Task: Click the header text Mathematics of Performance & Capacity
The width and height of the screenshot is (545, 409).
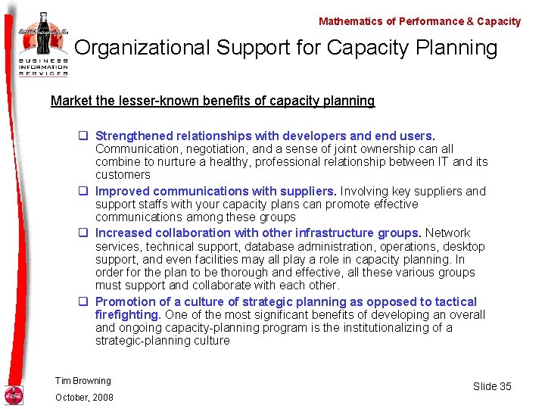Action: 419,21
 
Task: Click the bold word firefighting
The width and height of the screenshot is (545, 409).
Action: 128,315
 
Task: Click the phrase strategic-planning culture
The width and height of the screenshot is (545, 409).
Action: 162,341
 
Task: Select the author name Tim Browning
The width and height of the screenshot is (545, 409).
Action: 83,381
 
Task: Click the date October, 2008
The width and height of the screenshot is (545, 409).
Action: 84,398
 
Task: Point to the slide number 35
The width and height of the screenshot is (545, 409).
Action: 504,386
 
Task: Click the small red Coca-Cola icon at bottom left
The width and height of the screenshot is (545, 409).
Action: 14,395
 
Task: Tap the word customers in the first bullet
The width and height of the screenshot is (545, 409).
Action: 123,175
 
